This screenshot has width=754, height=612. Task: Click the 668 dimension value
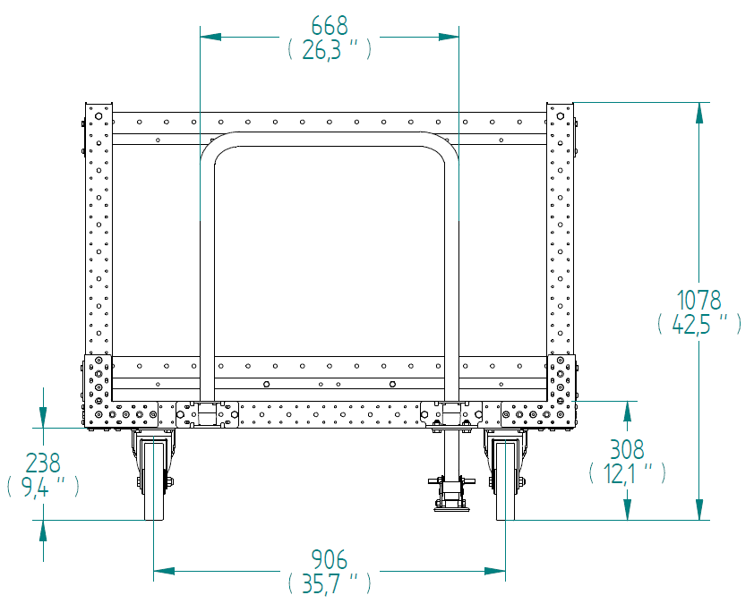point(330,26)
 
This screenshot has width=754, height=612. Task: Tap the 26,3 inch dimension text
point(330,50)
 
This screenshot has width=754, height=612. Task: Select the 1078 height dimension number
point(699,301)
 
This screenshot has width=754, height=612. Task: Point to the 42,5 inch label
point(699,324)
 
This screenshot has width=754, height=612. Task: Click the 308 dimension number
point(627,450)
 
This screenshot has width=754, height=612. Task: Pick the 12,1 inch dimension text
point(628,473)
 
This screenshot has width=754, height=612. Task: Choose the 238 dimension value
point(43,463)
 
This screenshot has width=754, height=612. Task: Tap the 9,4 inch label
point(43,487)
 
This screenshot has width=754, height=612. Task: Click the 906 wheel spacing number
point(330,559)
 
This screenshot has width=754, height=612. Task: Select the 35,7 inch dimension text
point(330,583)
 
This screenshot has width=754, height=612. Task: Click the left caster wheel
point(154,480)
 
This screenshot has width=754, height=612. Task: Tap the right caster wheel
point(505,480)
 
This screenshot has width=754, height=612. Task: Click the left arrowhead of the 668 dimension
point(210,37)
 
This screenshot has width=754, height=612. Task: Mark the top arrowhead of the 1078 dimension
point(699,114)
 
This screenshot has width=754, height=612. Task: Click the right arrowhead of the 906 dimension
point(495,571)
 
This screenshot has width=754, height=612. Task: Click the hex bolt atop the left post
point(99,116)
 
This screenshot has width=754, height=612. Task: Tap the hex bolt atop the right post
point(561,116)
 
